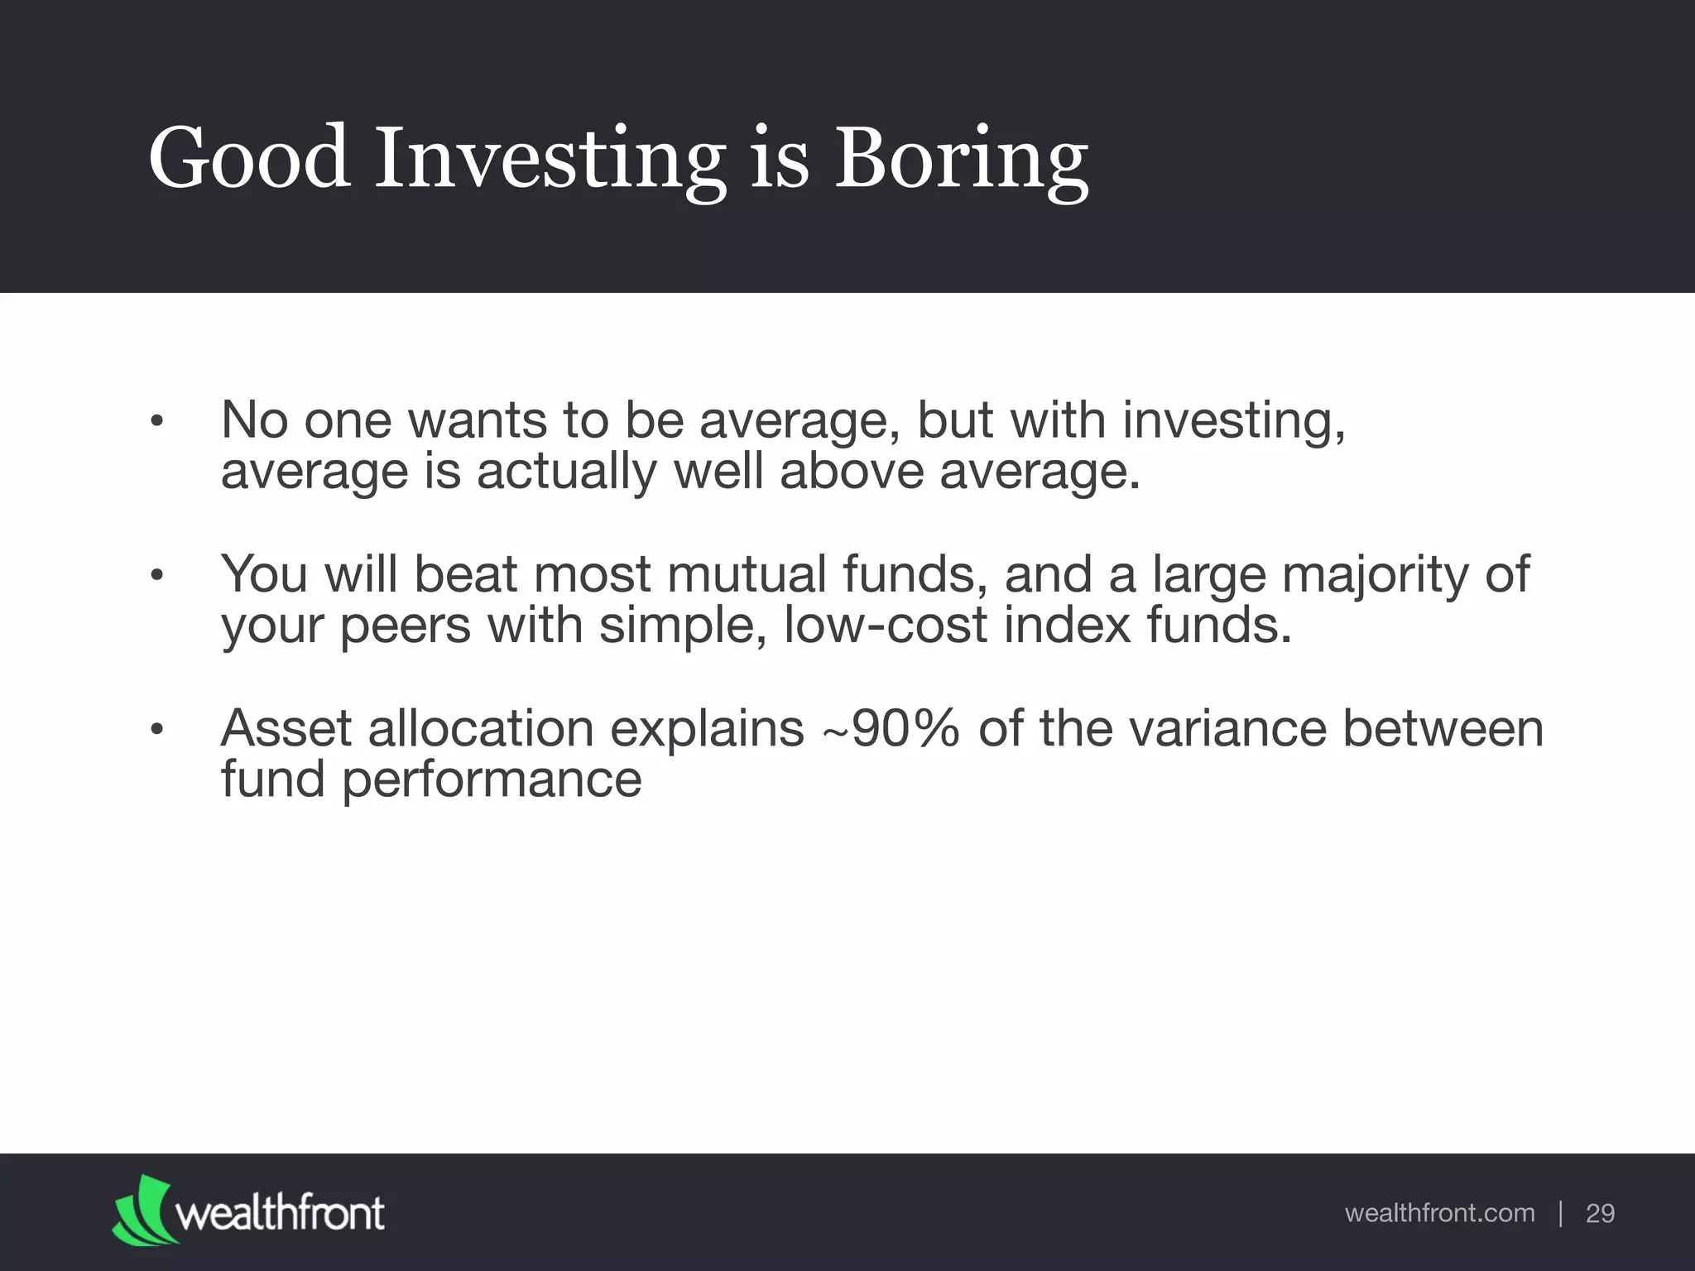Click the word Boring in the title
click(961, 159)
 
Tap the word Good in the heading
click(248, 157)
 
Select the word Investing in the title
click(550, 159)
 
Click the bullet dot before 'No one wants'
click(157, 422)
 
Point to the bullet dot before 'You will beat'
click(157, 576)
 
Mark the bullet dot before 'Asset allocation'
click(157, 730)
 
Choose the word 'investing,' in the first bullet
click(1234, 421)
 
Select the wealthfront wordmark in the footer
click(281, 1213)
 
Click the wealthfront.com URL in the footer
click(1439, 1213)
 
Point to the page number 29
click(1600, 1213)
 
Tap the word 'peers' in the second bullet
click(406, 626)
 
